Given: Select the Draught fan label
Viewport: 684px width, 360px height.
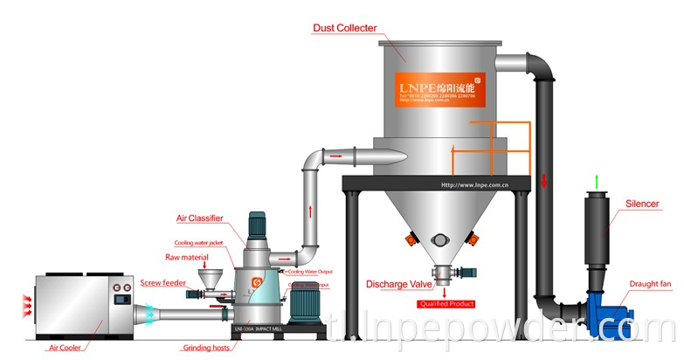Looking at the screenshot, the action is [x=650, y=283].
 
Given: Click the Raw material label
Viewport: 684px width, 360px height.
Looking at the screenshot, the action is [x=186, y=258].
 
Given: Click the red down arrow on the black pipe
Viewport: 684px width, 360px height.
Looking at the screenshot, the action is [x=543, y=181].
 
